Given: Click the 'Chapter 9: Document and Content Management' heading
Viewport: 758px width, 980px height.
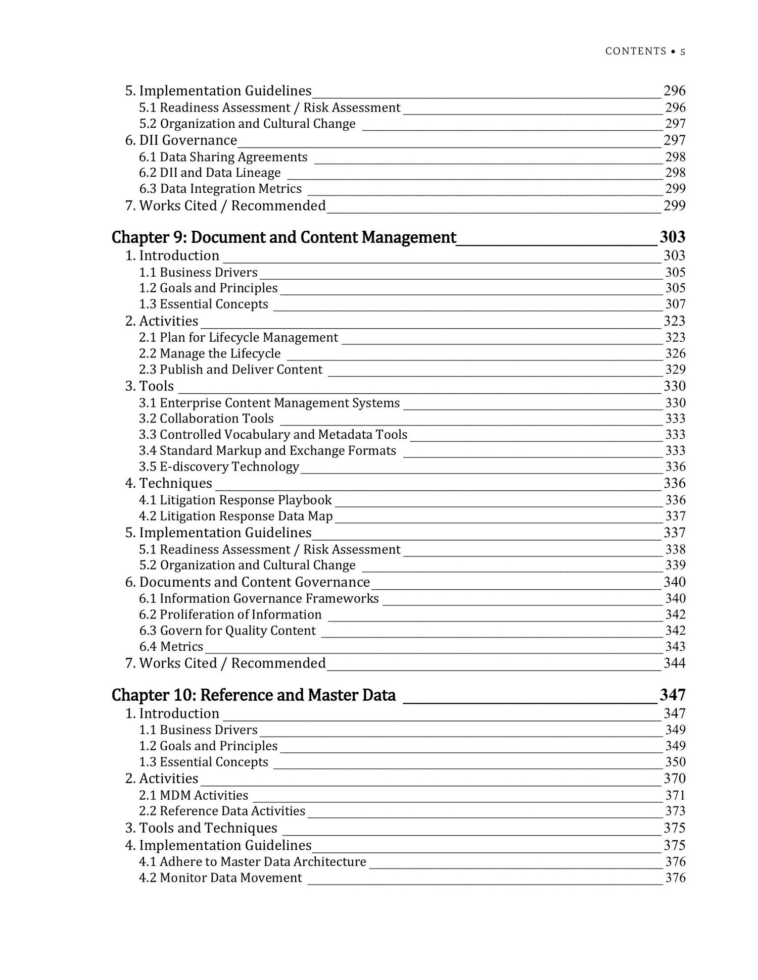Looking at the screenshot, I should tap(283, 237).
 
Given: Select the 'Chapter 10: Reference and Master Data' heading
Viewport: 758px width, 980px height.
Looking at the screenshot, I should tap(253, 695).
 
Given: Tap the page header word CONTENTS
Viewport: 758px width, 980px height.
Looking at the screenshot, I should tap(636, 51).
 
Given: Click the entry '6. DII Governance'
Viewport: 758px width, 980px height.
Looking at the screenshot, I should tap(181, 140).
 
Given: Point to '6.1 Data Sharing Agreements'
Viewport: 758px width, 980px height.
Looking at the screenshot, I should tap(223, 157).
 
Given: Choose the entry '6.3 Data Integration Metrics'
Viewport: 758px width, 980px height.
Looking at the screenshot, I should tap(220, 189).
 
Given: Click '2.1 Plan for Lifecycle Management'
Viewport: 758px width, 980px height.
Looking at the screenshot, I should tap(239, 337).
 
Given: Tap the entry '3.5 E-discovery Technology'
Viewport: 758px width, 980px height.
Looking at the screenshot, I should tap(219, 467).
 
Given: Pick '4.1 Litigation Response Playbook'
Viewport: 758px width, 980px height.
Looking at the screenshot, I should tap(235, 500).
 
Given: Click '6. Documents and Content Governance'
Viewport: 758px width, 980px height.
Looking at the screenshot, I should tap(248, 582).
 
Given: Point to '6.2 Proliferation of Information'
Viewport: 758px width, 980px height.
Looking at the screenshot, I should tap(230, 614).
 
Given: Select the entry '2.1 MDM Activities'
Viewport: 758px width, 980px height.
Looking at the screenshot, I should tap(194, 795).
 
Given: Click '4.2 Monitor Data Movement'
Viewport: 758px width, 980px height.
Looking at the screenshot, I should tap(220, 878).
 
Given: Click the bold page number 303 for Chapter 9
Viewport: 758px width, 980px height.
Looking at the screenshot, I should tap(673, 237).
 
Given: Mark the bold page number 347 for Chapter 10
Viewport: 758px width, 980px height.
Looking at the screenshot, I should tap(673, 695).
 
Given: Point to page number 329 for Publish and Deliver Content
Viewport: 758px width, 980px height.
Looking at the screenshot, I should tap(675, 370).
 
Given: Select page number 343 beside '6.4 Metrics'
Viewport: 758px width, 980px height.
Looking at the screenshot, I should tap(675, 646).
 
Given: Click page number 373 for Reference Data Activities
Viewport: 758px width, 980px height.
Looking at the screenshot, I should tap(675, 811).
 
